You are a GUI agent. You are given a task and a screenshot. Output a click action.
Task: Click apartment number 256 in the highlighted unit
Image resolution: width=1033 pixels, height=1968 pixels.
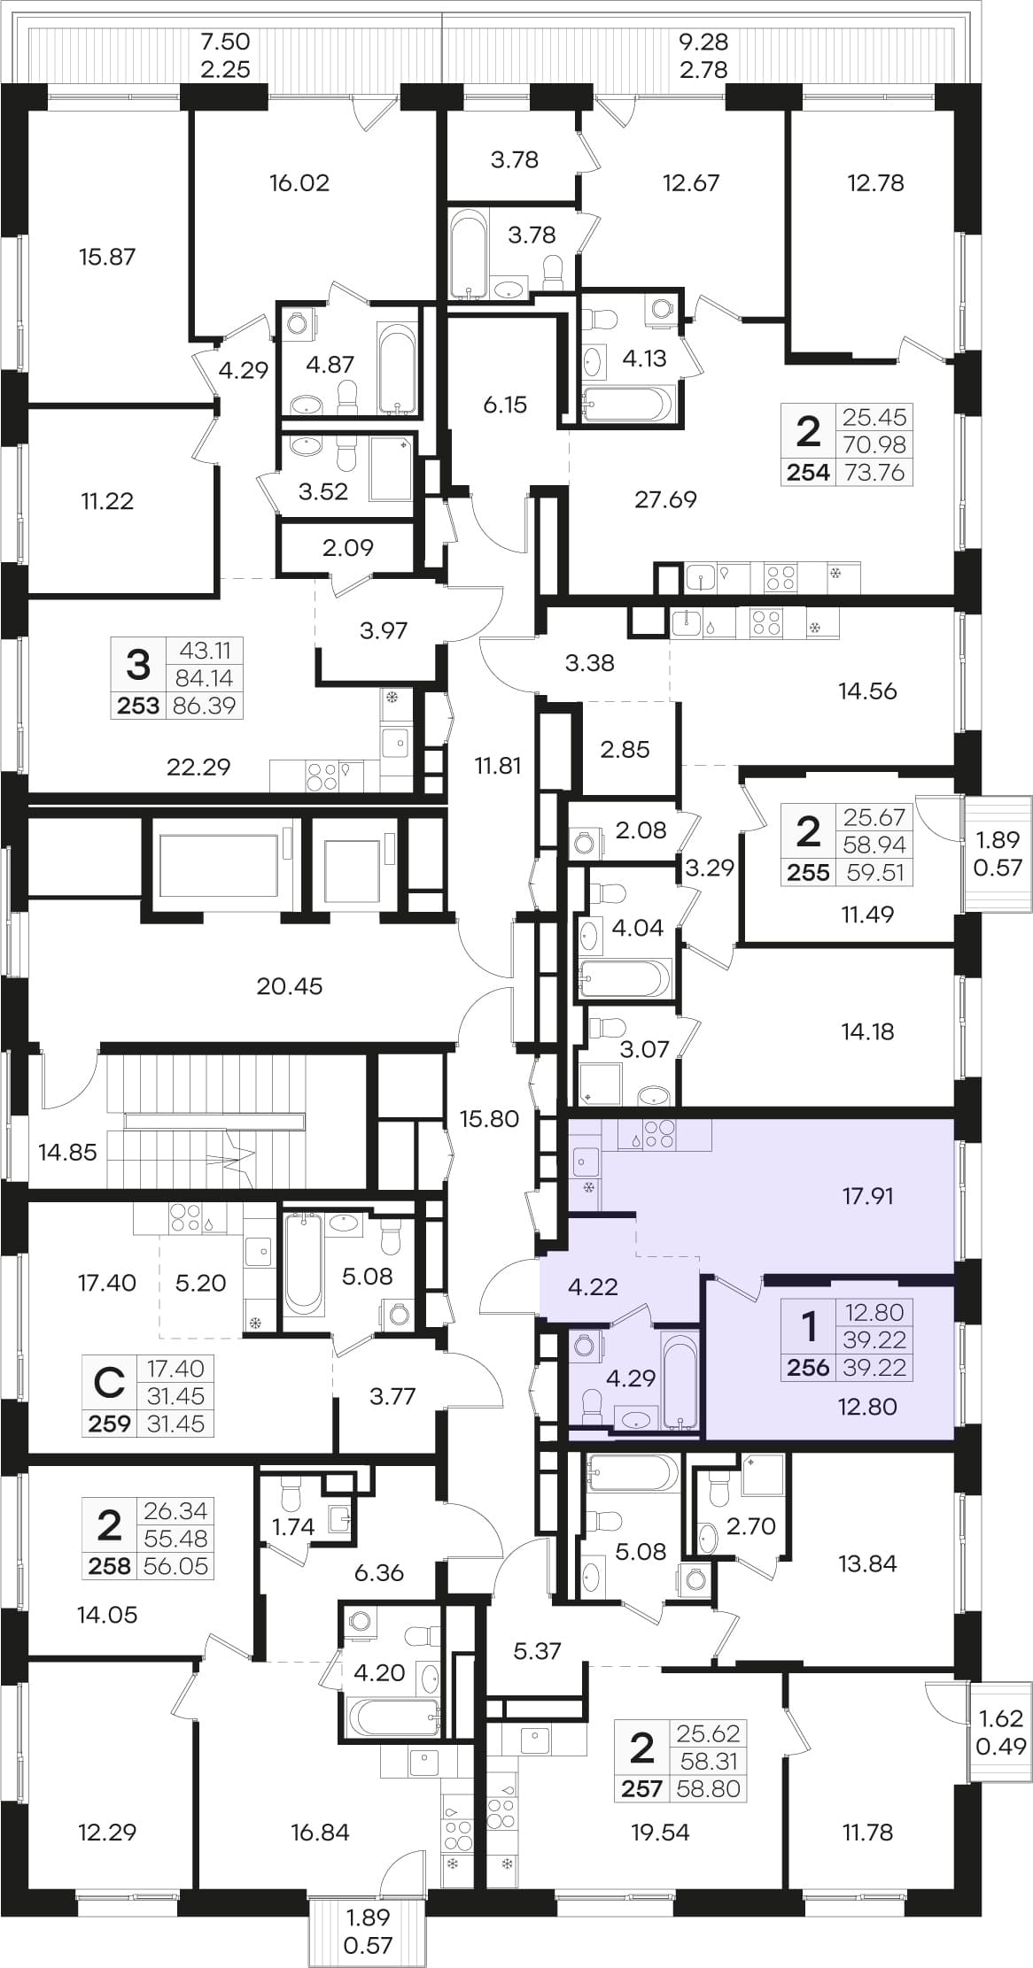(x=808, y=1368)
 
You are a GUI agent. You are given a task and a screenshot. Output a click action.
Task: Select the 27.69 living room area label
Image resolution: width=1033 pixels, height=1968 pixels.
(x=665, y=499)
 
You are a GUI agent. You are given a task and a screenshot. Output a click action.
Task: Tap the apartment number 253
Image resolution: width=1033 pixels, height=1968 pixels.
(x=138, y=706)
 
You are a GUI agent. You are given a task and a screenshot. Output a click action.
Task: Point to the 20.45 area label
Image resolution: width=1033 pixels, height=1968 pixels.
(x=290, y=985)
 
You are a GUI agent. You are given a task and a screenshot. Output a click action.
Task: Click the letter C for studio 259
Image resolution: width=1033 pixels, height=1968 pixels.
(x=109, y=1382)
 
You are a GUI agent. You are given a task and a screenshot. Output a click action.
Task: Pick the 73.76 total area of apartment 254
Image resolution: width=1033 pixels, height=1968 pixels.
(x=875, y=473)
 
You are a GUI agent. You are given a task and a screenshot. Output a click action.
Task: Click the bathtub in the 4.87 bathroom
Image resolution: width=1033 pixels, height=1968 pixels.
(x=397, y=368)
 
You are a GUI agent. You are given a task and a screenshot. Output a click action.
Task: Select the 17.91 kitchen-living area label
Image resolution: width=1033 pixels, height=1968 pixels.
(x=867, y=1196)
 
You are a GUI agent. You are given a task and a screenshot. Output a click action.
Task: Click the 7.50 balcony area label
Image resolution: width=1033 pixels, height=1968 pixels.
(x=225, y=42)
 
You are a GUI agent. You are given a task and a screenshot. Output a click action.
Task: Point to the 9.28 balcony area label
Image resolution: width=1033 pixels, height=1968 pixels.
(x=703, y=42)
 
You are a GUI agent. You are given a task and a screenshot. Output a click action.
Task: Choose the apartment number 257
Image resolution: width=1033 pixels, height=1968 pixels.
(x=641, y=1789)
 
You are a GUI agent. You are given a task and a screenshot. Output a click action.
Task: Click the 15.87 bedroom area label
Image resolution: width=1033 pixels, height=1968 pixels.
(x=107, y=257)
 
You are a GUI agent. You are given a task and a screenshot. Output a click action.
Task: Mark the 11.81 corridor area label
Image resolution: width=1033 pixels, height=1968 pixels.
(x=498, y=765)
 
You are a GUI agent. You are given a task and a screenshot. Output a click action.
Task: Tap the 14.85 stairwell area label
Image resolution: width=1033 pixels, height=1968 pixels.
(x=67, y=1152)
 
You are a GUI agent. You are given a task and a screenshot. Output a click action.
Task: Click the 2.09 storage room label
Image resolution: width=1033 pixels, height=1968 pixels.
(x=348, y=547)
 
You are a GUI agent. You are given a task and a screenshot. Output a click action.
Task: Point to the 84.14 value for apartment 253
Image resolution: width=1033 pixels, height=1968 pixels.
(x=206, y=678)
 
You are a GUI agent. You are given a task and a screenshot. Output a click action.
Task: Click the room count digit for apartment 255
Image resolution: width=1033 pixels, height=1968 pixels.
(x=808, y=832)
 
